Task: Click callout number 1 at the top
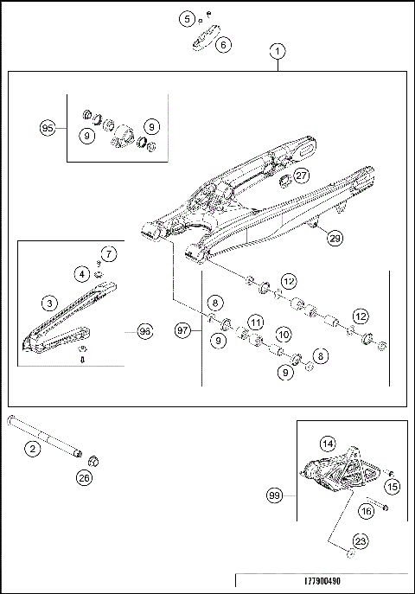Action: (277, 51)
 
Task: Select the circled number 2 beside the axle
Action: (32, 448)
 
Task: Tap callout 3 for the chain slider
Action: (51, 303)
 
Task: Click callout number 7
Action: (109, 254)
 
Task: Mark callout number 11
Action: (255, 322)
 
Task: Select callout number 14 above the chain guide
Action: (328, 443)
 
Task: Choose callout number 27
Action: (300, 176)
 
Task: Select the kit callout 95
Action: (48, 128)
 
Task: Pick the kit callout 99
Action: (276, 495)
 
